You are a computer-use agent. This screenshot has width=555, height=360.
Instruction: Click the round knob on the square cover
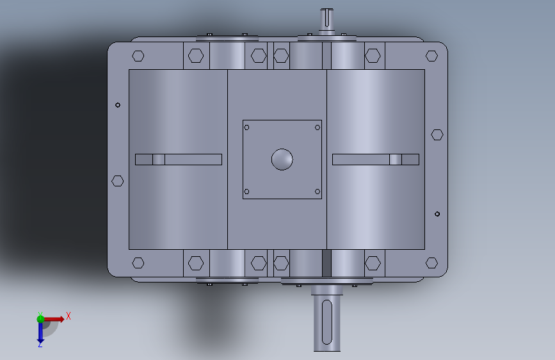[x=282, y=160]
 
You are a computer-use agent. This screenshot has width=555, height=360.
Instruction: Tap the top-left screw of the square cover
[x=246, y=127]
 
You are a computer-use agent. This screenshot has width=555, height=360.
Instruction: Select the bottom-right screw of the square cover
[x=318, y=192]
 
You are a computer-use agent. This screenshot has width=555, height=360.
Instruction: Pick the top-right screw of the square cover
[x=318, y=127]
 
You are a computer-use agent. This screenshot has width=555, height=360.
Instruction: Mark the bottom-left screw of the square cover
[x=246, y=192]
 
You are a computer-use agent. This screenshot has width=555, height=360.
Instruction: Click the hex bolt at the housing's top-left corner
[x=138, y=56]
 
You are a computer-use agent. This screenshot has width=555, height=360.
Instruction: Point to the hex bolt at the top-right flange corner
[x=431, y=56]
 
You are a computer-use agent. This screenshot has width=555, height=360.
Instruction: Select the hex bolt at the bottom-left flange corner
[x=138, y=263]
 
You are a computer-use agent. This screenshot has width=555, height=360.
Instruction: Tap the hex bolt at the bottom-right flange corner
[x=431, y=263]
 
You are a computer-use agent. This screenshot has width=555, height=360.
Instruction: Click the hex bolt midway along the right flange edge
[x=437, y=135]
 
